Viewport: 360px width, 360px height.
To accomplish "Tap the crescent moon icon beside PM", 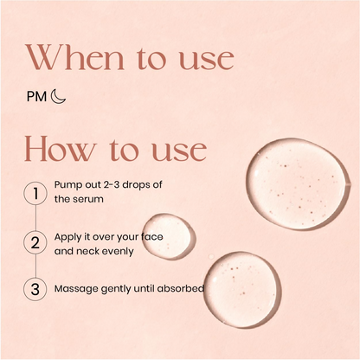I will [58, 97].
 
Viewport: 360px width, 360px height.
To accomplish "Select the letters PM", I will [38, 97].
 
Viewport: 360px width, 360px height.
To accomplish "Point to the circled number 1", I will [35, 193].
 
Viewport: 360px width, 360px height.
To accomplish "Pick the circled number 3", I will [35, 289].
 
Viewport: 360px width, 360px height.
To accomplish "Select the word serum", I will [89, 200].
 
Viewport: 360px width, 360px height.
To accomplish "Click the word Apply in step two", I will [69, 236].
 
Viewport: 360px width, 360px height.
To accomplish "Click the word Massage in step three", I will [77, 289].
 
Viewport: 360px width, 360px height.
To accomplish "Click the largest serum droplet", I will [296, 182].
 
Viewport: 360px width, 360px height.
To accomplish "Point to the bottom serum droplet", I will [241, 288].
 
